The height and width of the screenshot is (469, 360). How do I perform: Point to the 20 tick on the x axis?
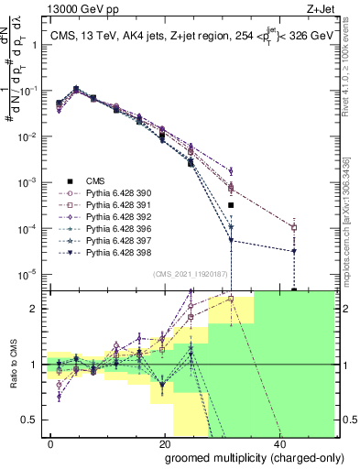[165, 442]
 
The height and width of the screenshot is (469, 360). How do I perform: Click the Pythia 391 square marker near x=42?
[294, 227]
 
